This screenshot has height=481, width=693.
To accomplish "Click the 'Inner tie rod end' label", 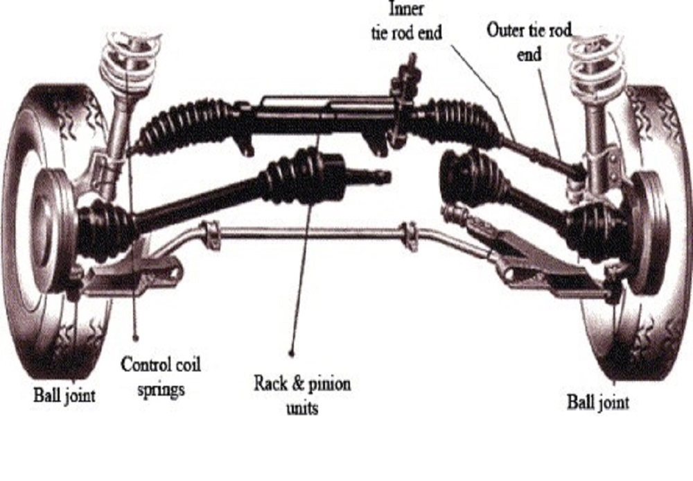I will (x=406, y=21).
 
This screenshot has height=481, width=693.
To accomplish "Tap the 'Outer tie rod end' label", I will (x=529, y=42).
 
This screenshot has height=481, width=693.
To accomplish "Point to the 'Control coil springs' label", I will (x=161, y=375).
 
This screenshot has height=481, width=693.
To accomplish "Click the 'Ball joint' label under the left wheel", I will (x=64, y=396).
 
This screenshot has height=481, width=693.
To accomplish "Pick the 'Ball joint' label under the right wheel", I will (x=598, y=402).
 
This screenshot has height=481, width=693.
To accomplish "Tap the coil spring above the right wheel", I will (x=598, y=66).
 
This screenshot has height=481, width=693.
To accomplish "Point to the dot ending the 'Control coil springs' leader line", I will (x=136, y=339).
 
